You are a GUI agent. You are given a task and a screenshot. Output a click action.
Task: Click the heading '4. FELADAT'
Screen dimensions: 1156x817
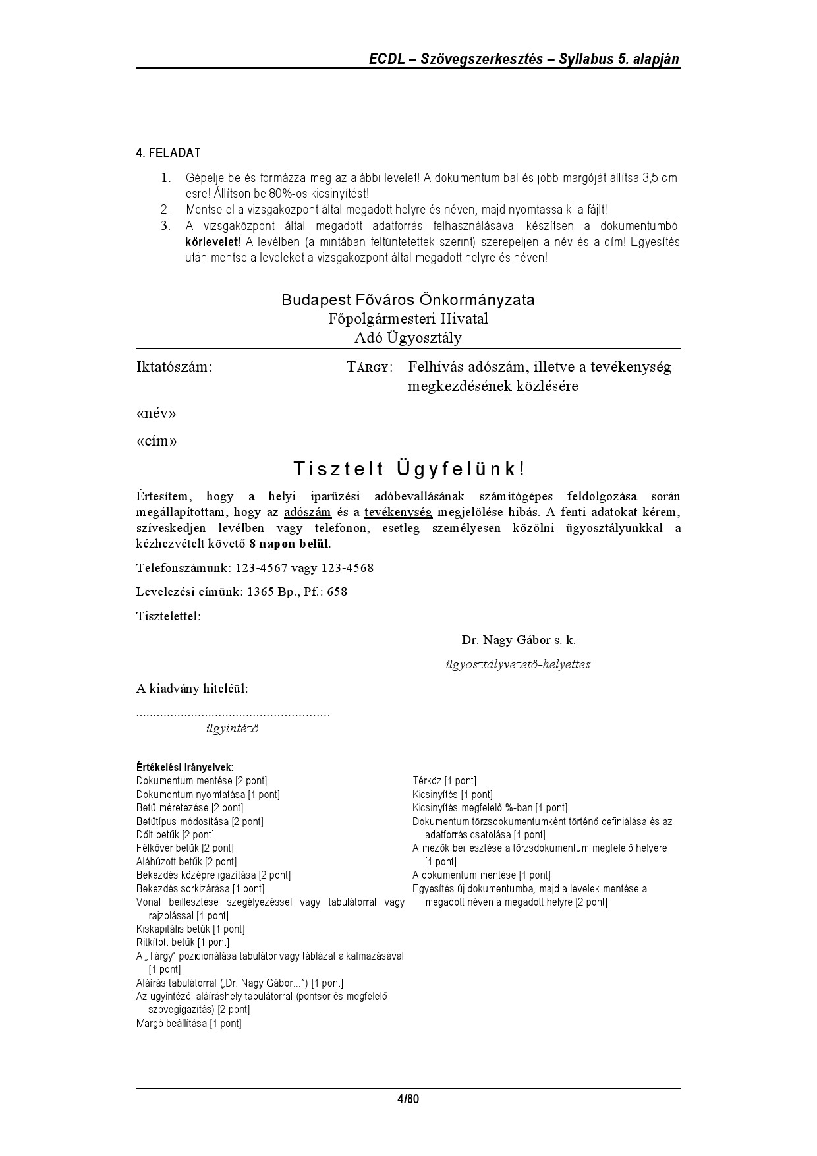coord(168,153)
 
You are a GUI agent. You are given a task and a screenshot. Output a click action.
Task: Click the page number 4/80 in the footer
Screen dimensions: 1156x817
coord(408,1099)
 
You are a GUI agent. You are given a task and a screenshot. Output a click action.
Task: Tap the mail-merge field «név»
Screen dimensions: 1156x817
coord(156,414)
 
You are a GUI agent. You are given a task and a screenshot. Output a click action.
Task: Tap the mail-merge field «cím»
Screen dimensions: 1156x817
coord(157,441)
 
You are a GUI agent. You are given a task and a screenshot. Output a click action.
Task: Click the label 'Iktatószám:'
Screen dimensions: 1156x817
coord(174,367)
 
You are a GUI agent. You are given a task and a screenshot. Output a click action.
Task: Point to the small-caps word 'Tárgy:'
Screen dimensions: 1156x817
coord(370,367)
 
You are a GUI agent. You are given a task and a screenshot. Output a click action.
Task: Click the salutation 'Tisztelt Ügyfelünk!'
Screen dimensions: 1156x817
coord(408,469)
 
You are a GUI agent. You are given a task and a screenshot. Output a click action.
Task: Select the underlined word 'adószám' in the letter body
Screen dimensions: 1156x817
coord(307,512)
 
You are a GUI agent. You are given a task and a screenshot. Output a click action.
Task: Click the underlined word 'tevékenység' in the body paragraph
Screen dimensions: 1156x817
coord(398,512)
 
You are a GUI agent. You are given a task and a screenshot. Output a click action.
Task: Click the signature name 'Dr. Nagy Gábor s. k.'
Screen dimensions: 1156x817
coord(519,640)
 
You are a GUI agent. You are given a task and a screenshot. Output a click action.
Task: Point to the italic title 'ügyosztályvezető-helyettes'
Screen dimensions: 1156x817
coord(518,664)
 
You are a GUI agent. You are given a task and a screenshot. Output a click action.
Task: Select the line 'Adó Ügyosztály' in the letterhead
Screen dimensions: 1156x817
coord(408,338)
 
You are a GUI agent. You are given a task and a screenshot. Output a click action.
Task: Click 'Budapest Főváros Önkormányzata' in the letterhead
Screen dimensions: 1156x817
coord(408,300)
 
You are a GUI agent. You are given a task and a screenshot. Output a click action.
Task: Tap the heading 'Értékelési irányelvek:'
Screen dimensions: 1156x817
coord(185,767)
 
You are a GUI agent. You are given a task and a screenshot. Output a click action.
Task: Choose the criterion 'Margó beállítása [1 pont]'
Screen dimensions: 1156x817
coord(189,1023)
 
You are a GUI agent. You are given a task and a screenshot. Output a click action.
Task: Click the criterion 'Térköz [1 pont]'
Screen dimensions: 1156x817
coord(444,781)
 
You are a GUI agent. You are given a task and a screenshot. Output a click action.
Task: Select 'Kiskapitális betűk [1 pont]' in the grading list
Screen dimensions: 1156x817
coord(190,929)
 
